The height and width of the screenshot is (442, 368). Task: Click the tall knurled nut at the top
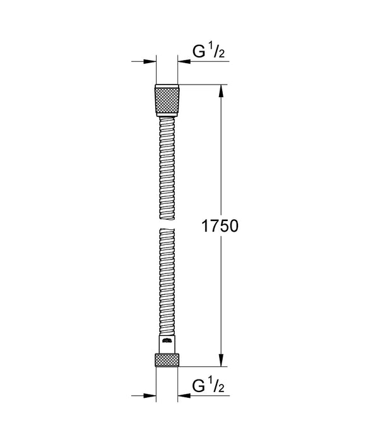[x=167, y=99]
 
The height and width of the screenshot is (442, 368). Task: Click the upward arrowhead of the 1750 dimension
[x=221, y=90]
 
